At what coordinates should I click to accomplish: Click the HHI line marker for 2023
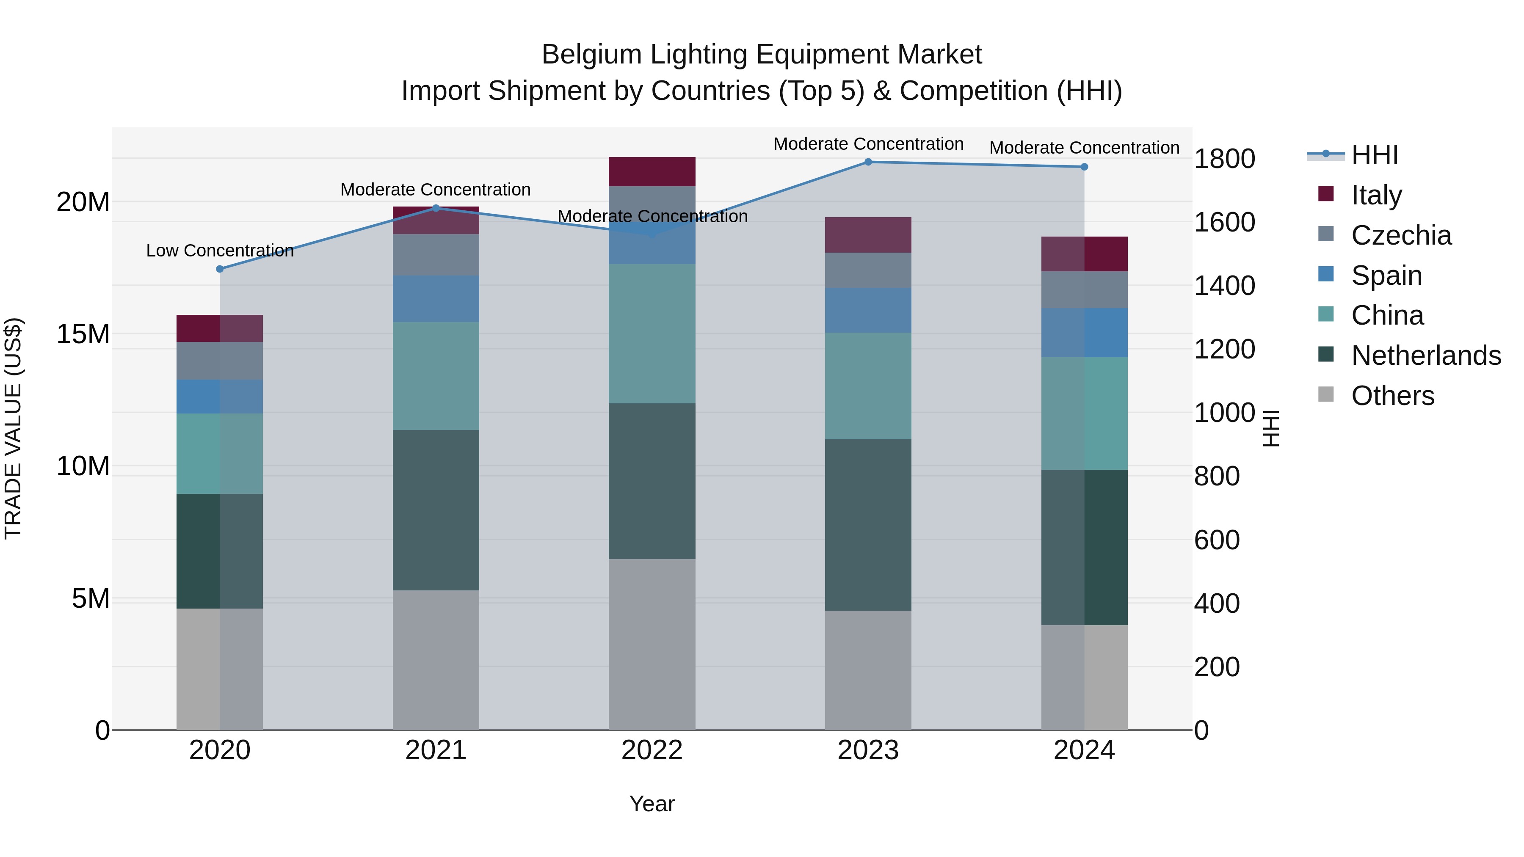(x=868, y=162)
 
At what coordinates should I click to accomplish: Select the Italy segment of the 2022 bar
(x=652, y=171)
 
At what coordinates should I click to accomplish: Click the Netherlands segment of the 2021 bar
(x=436, y=510)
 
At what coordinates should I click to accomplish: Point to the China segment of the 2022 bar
(x=652, y=333)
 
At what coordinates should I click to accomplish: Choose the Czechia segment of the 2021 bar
(x=436, y=255)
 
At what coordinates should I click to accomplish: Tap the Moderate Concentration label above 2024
(x=1084, y=148)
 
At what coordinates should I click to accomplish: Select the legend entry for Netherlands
(x=1426, y=355)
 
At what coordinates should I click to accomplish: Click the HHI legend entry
(x=1374, y=155)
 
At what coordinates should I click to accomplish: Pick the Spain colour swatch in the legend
(x=1326, y=274)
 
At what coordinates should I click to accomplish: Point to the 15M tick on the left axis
(x=83, y=334)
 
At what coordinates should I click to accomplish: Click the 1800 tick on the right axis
(x=1224, y=159)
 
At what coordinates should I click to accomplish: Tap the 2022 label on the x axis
(x=652, y=750)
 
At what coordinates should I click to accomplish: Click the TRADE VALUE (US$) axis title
(x=13, y=428)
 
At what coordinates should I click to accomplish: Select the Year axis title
(x=652, y=804)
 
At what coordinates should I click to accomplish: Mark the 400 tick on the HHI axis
(x=1216, y=603)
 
